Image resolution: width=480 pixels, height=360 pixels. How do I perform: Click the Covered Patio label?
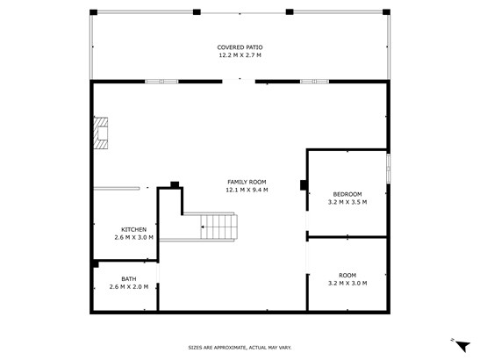240,47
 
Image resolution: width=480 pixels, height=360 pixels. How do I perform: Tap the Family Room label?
247,182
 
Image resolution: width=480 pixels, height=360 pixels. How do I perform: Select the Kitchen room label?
133,229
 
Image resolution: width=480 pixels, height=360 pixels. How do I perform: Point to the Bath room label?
129,279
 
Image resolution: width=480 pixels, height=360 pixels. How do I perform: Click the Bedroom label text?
347,194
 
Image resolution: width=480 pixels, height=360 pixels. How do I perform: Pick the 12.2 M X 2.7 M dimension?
240,55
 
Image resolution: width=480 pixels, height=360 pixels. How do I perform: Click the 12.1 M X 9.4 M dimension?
247,190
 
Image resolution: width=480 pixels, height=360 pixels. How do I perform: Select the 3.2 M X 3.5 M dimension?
347,202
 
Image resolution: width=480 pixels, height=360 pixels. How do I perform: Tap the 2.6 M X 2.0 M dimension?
129,287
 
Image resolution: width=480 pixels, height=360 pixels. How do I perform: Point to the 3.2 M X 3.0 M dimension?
347,284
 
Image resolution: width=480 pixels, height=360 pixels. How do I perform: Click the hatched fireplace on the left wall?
101,133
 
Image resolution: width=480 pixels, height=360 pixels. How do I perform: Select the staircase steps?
219,227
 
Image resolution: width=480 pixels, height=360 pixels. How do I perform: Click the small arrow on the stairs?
204,227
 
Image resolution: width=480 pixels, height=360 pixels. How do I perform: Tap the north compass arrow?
462,346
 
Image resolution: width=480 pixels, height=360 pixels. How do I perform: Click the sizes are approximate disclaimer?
240,348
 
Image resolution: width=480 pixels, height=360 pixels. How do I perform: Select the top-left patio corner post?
93,12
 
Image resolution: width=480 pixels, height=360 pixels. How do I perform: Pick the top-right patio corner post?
386,12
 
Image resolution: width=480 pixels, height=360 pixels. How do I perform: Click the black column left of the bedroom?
304,185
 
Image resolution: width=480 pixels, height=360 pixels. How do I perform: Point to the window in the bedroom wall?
388,169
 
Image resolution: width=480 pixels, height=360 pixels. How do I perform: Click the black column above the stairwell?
175,184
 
